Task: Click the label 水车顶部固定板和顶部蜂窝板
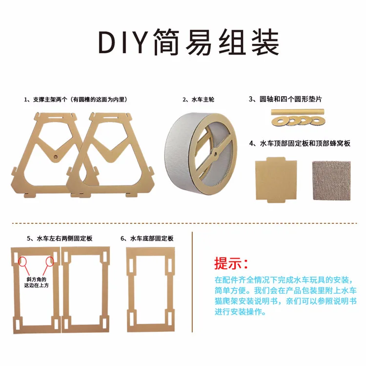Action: (299, 143)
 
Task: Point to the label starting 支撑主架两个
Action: (76, 100)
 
